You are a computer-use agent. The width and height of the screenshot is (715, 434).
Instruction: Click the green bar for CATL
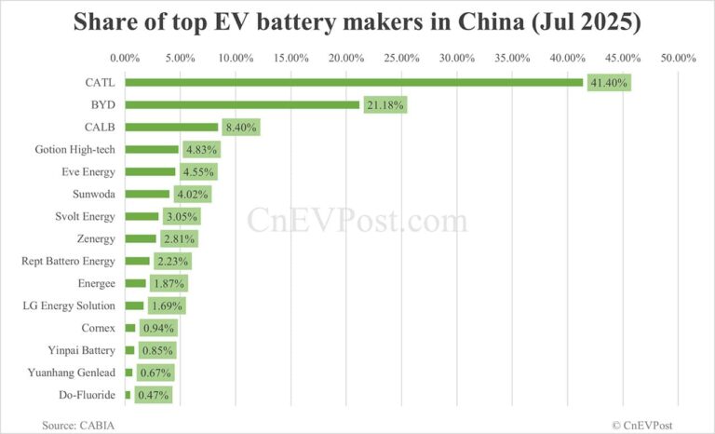click(354, 82)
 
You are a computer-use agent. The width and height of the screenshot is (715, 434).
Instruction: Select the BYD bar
click(242, 104)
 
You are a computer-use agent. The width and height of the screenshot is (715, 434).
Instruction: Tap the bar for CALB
click(171, 127)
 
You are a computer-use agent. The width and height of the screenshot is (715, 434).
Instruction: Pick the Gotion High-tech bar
click(152, 149)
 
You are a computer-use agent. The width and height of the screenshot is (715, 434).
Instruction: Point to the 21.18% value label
click(385, 105)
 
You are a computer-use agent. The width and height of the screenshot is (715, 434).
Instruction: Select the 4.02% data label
click(193, 195)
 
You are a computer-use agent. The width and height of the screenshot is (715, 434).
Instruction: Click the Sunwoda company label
click(93, 194)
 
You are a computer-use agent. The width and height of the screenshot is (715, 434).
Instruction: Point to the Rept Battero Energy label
click(68, 261)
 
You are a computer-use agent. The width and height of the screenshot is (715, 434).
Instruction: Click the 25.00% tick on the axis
click(401, 58)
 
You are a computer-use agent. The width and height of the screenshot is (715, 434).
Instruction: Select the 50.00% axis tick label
click(678, 58)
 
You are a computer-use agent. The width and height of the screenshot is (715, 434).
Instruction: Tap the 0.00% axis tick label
click(125, 58)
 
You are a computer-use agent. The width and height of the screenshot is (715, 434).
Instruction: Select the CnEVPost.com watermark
click(357, 222)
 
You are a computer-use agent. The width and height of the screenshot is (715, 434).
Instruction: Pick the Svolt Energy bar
click(142, 216)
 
